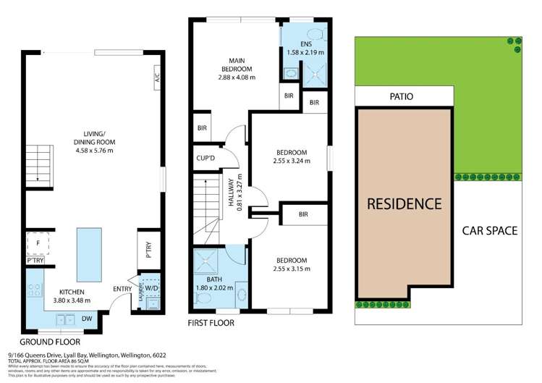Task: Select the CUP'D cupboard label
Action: pos(203,158)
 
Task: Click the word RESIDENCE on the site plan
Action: pos(404,204)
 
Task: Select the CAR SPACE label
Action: pos(490,231)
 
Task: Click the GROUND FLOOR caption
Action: pos(50,341)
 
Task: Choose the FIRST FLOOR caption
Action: pos(211,323)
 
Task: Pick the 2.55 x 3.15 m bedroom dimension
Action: pos(292,269)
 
